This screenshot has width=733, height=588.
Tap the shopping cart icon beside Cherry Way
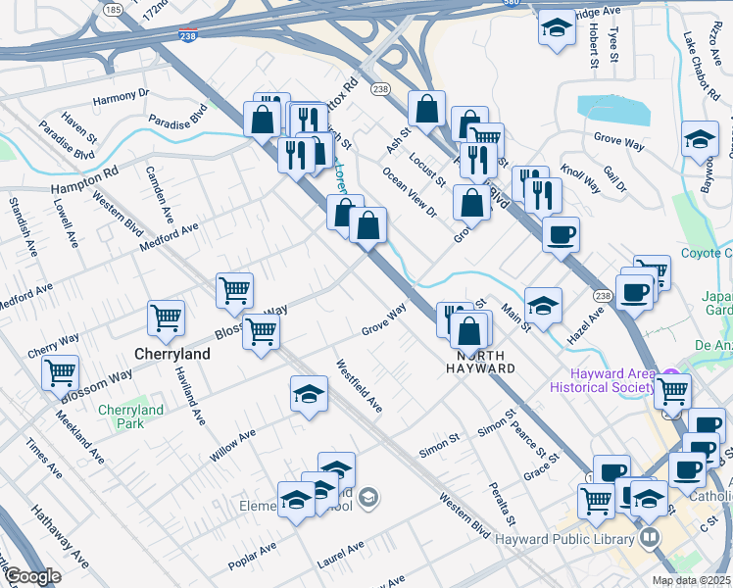(x=61, y=372)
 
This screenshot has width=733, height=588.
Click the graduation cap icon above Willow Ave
(x=309, y=395)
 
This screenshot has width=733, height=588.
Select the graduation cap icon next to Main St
(x=543, y=305)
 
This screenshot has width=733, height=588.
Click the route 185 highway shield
(x=114, y=10)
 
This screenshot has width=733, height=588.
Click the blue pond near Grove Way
(x=613, y=110)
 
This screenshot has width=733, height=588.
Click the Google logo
(x=31, y=576)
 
